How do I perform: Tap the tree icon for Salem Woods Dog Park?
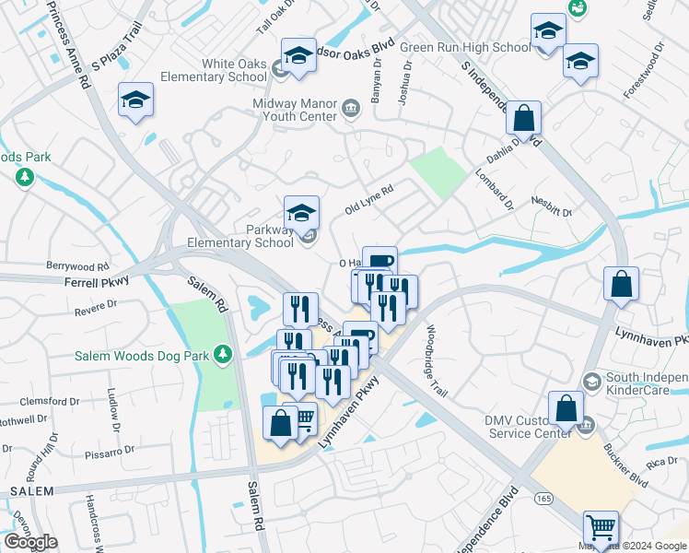click(222, 353)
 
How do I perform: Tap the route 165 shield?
click(544, 499)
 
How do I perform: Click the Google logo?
click(30, 542)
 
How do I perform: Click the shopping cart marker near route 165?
click(601, 528)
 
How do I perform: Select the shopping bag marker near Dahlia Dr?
click(523, 119)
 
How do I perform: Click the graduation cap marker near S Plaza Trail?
click(135, 100)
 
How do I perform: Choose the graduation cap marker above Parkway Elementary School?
click(301, 213)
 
